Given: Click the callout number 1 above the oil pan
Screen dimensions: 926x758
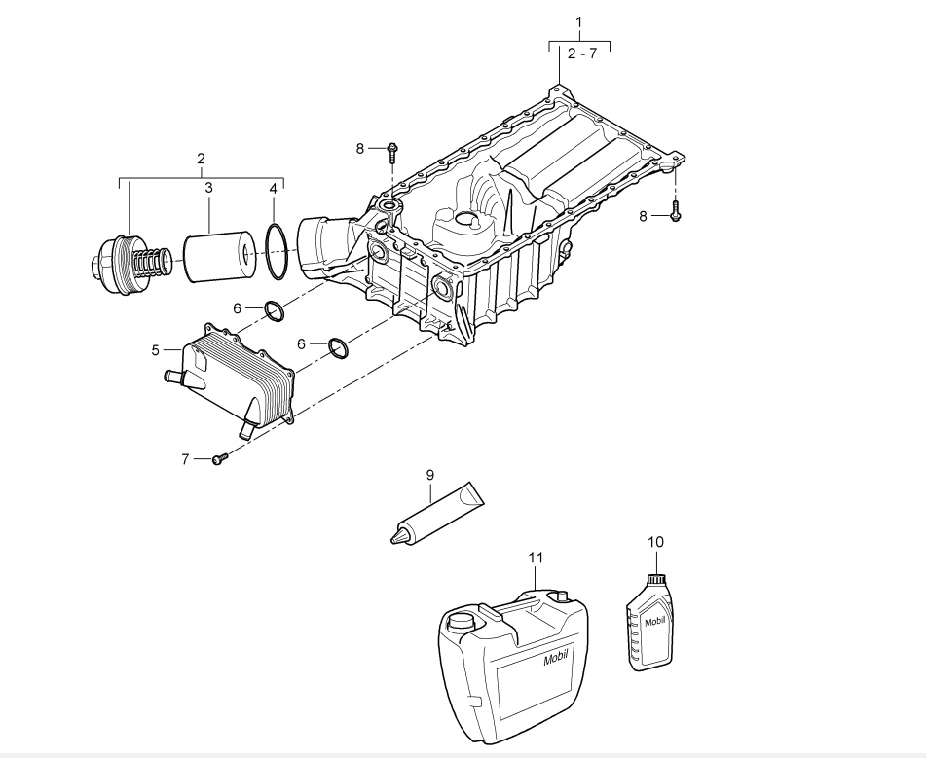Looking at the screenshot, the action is pos(578,22).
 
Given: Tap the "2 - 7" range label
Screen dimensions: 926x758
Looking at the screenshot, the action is pos(581,54).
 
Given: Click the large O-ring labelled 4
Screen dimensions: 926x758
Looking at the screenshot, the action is pos(277,252).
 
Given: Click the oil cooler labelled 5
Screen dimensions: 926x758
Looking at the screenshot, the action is pos(237,375).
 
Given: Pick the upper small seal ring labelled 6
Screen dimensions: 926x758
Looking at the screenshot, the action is pos(274,311).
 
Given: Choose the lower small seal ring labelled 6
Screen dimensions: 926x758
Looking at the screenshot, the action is pos(339,347).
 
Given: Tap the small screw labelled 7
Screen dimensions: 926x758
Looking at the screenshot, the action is pos(220,458).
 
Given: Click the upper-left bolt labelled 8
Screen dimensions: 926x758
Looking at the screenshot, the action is pos(392,153).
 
